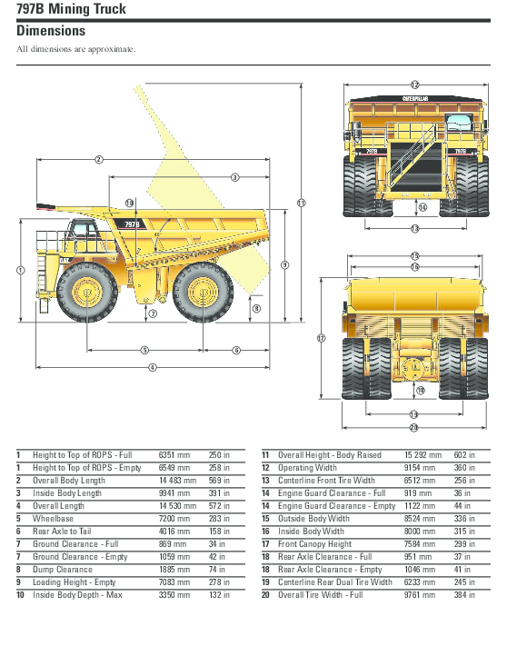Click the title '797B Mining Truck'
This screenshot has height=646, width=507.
click(72, 9)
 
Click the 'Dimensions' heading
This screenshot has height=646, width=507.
click(51, 31)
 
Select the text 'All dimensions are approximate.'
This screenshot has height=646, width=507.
click(76, 49)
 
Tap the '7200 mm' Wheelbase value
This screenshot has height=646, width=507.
click(174, 519)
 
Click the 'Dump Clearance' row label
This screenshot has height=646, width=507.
click(63, 570)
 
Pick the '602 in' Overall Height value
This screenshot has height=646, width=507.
click(465, 455)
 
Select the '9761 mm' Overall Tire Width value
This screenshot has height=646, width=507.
click(422, 595)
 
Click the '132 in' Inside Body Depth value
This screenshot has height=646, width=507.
click(220, 595)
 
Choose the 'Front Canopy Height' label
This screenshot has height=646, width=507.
click(314, 544)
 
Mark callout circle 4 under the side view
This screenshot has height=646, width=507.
click(152, 367)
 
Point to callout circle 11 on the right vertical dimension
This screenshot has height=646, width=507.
click(302, 202)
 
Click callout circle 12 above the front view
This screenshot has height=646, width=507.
click(414, 84)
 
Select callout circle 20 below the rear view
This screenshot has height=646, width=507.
click(414, 427)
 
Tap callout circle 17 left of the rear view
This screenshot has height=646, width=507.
click(321, 338)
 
